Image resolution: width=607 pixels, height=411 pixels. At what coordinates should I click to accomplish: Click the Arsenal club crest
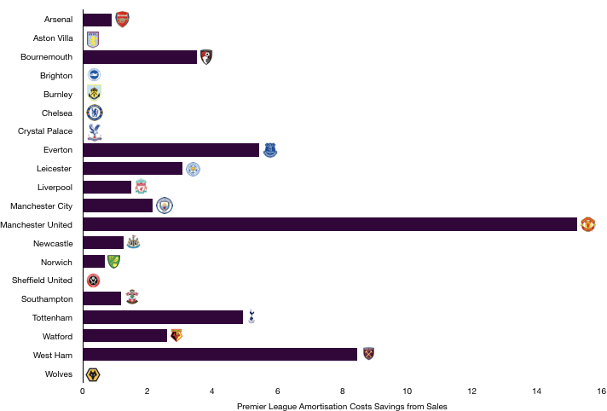(x=122, y=20)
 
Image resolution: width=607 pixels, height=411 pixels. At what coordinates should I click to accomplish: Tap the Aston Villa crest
(x=93, y=40)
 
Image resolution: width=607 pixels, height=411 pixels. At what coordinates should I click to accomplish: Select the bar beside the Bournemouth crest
(x=140, y=57)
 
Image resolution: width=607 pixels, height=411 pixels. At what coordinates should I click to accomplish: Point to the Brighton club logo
(x=94, y=75)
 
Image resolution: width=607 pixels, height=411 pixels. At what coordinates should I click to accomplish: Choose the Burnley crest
(x=94, y=93)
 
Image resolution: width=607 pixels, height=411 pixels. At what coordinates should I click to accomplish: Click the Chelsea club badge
(x=95, y=113)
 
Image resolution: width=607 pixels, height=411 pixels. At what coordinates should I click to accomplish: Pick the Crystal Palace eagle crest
(x=95, y=131)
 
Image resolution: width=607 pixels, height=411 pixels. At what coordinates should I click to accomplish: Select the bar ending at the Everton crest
(x=171, y=150)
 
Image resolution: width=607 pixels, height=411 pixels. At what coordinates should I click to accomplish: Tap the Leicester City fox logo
(x=193, y=169)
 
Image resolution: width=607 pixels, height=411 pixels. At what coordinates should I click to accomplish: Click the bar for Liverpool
(x=107, y=187)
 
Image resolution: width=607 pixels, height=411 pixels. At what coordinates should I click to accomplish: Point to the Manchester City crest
(x=164, y=205)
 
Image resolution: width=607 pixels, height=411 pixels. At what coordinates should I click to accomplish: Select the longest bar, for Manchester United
(x=331, y=224)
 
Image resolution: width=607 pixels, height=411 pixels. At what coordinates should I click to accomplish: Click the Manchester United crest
(x=587, y=224)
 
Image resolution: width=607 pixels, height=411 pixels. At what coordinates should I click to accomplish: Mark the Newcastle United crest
(x=133, y=242)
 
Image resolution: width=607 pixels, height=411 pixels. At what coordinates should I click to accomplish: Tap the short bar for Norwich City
(x=94, y=262)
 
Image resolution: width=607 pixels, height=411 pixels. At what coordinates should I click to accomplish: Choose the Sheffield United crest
(x=93, y=281)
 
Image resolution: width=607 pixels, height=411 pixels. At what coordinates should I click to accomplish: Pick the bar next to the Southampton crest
(x=102, y=298)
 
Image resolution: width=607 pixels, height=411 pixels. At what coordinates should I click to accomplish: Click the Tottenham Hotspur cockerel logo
(x=251, y=316)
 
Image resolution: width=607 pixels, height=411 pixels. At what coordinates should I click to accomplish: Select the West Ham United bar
(x=220, y=354)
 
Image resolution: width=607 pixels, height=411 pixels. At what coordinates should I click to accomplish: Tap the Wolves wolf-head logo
(x=93, y=374)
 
